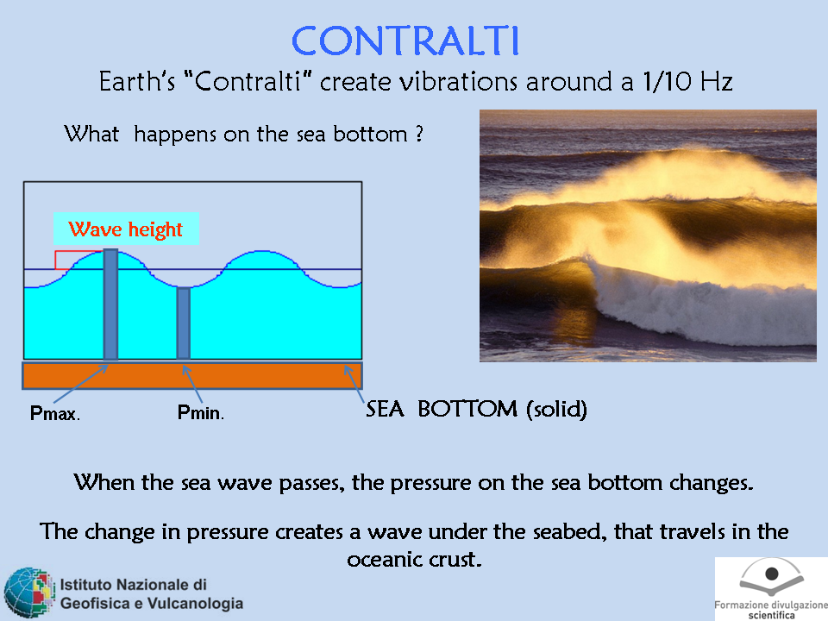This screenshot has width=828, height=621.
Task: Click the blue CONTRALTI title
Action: [x=405, y=41]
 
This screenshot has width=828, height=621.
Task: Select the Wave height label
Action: [x=126, y=229]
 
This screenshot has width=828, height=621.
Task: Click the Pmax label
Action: [x=55, y=413]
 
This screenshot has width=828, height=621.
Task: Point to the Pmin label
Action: [x=201, y=412]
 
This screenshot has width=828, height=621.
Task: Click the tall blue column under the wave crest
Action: [x=110, y=304]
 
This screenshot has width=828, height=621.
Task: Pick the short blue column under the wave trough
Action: [x=183, y=323]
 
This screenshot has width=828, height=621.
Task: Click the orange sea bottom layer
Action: [x=192, y=375]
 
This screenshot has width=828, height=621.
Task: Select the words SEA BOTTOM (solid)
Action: [x=476, y=409]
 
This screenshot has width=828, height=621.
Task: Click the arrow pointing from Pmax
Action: [x=81, y=384]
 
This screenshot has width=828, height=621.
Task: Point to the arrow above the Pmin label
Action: [x=192, y=384]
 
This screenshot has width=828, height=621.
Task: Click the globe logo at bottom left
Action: [x=29, y=593]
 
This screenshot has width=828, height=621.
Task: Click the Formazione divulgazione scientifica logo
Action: [x=771, y=589]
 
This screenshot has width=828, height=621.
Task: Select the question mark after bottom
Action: [x=419, y=134]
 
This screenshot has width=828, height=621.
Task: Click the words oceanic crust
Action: [x=414, y=559]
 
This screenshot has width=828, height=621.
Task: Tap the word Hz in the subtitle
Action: [x=717, y=81]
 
